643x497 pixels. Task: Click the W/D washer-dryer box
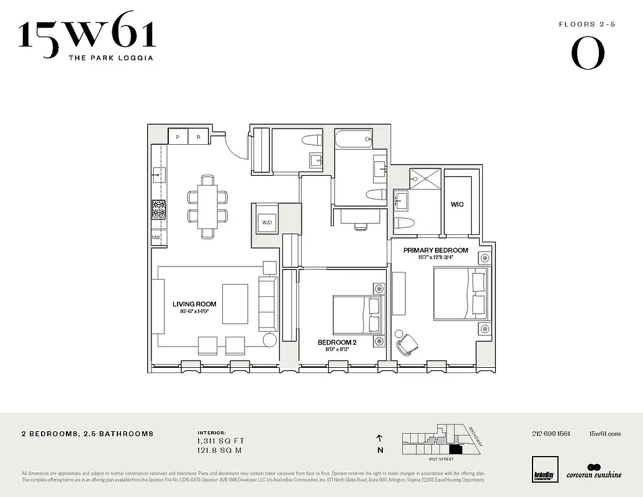coord(268,222)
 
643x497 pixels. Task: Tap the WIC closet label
coord(457,204)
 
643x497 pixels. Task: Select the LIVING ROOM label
coord(194,304)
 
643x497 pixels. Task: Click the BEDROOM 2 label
coord(337,342)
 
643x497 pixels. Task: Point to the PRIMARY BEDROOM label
coord(436,250)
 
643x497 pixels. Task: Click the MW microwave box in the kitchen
coord(156,237)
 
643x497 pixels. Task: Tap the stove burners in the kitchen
coord(159,210)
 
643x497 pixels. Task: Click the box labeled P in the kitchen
coord(178,137)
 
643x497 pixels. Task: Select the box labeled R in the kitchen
coord(199,137)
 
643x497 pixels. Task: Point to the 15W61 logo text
coord(87,35)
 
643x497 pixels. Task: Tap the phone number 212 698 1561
coord(551,434)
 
